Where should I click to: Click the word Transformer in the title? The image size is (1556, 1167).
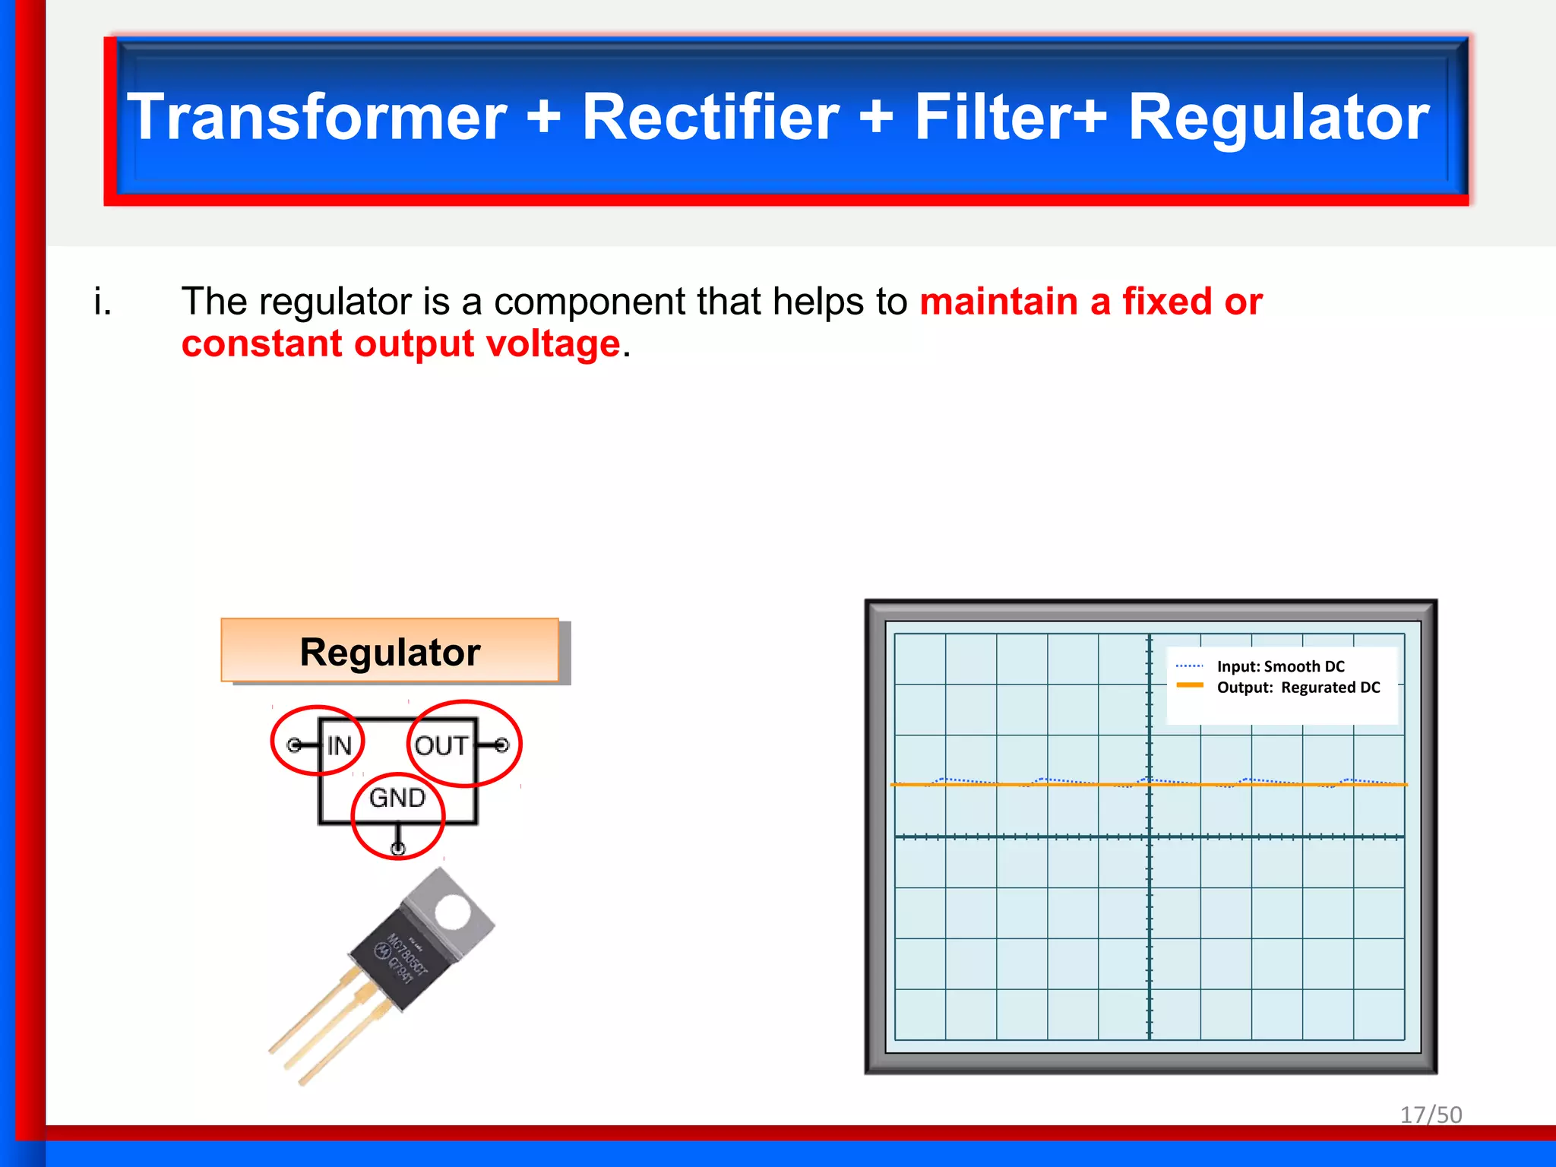[x=317, y=118]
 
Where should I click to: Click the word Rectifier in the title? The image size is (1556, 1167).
[x=711, y=118]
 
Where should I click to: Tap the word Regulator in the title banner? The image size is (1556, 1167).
[x=1279, y=118]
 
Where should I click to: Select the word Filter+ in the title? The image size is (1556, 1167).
[x=1010, y=118]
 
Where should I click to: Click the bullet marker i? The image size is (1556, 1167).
[x=103, y=302]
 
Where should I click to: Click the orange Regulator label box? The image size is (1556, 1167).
[x=390, y=651]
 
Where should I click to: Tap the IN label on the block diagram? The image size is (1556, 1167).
[x=339, y=745]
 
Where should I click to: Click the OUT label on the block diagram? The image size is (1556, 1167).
[x=441, y=745]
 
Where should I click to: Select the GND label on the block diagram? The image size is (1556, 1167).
[x=397, y=798]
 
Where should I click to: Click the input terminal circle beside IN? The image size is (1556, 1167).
[x=293, y=745]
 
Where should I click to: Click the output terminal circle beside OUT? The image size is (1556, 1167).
[x=501, y=745]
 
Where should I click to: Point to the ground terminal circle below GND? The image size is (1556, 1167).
[x=397, y=848]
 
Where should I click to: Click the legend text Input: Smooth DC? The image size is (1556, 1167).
[x=1280, y=666]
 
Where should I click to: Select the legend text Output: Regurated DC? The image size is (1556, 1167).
[x=1298, y=688]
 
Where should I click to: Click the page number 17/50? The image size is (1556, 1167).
[x=1431, y=1115]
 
